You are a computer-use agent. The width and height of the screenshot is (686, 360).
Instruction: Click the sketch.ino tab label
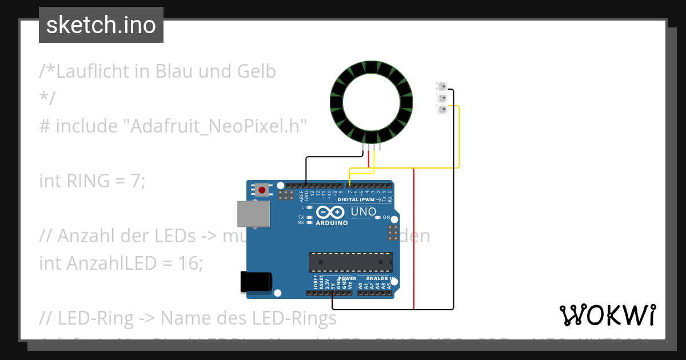[x=101, y=25]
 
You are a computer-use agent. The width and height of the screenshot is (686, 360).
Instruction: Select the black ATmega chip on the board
[x=350, y=261]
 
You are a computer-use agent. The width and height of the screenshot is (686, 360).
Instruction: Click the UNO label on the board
[x=363, y=212]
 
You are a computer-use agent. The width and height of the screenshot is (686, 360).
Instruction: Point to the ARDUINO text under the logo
[x=332, y=223]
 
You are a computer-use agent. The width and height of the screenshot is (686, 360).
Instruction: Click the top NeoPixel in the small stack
[x=442, y=87]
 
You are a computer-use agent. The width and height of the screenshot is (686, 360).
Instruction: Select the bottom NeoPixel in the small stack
[x=442, y=110]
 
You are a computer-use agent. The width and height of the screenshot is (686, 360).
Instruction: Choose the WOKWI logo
[x=607, y=315]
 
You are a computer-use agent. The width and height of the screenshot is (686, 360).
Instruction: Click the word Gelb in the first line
[x=256, y=71]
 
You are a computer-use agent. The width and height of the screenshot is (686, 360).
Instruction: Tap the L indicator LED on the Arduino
[x=309, y=207]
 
